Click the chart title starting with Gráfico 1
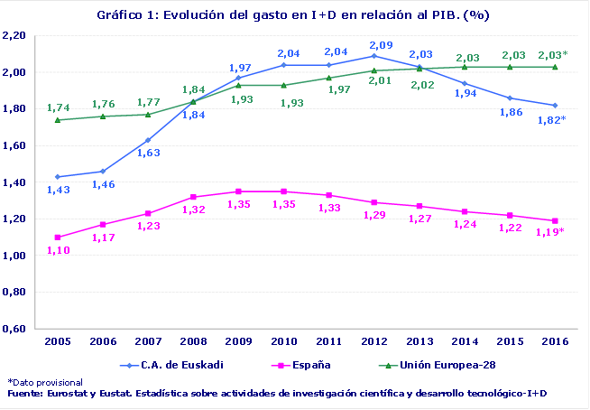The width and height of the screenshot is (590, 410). pyautogui.click(x=294, y=16)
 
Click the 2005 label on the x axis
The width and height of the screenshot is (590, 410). pyautogui.click(x=59, y=340)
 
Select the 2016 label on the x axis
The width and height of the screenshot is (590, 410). pyautogui.click(x=555, y=340)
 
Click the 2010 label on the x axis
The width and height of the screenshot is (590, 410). pyautogui.click(x=284, y=340)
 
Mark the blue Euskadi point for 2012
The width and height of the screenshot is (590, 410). pyautogui.click(x=374, y=56)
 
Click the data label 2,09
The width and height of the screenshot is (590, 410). pyautogui.click(x=381, y=44)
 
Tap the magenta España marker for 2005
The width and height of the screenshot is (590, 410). pyautogui.click(x=59, y=237)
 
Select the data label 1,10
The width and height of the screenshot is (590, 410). pyautogui.click(x=58, y=250)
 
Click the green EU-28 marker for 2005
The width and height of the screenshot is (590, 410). pyautogui.click(x=59, y=119)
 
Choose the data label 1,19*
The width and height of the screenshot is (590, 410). pyautogui.click(x=550, y=233)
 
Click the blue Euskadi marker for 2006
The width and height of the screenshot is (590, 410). pyautogui.click(x=104, y=172)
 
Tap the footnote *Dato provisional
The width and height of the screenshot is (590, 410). pyautogui.click(x=45, y=383)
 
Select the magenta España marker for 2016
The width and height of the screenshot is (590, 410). pyautogui.click(x=555, y=220)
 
